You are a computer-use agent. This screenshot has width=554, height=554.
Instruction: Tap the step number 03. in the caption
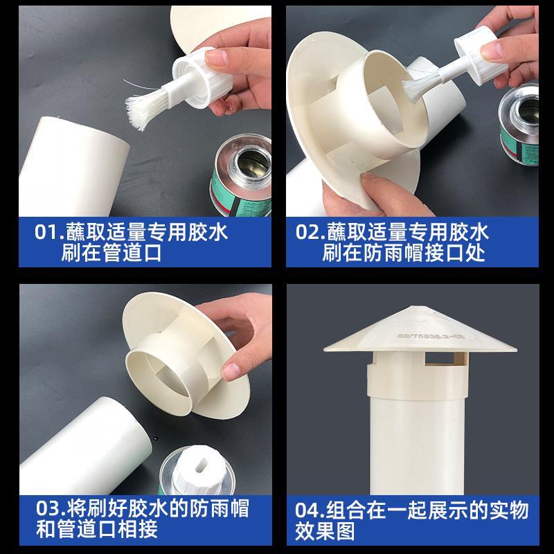(51, 508)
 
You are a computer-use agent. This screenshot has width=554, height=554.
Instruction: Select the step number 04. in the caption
(310, 510)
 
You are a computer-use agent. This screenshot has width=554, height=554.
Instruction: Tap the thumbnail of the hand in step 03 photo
(231, 371)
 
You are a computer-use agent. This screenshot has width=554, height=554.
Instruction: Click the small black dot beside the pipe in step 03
(155, 439)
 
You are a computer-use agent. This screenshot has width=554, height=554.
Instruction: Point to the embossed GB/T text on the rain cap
(430, 337)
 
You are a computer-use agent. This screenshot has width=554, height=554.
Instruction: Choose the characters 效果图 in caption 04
(325, 531)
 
